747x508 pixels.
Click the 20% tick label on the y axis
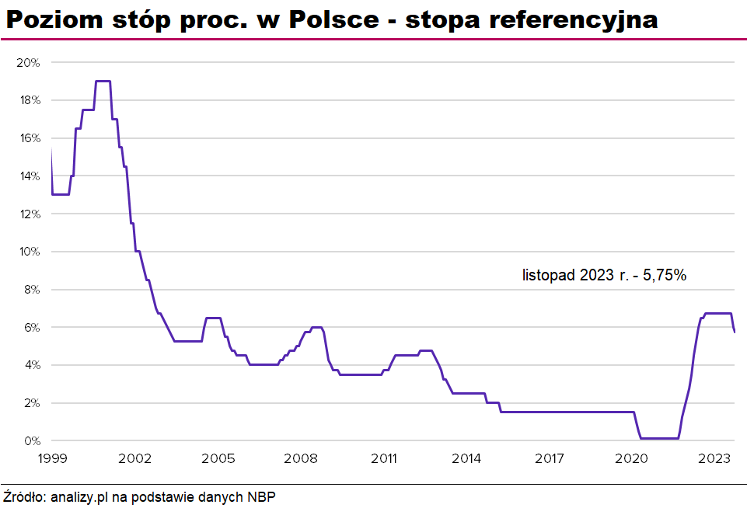point(28,62)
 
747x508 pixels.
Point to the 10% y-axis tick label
point(28,252)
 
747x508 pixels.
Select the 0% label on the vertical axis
point(31,440)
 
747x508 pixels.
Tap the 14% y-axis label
point(28,176)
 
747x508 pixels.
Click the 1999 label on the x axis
point(51,458)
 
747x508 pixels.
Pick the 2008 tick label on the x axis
point(301,458)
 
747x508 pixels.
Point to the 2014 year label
point(466,458)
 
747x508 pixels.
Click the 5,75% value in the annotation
point(665,274)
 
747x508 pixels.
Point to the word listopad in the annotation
point(548,274)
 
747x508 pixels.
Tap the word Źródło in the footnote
point(23,496)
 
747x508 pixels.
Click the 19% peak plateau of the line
point(103,81)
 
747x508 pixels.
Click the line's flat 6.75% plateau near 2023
point(718,313)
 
